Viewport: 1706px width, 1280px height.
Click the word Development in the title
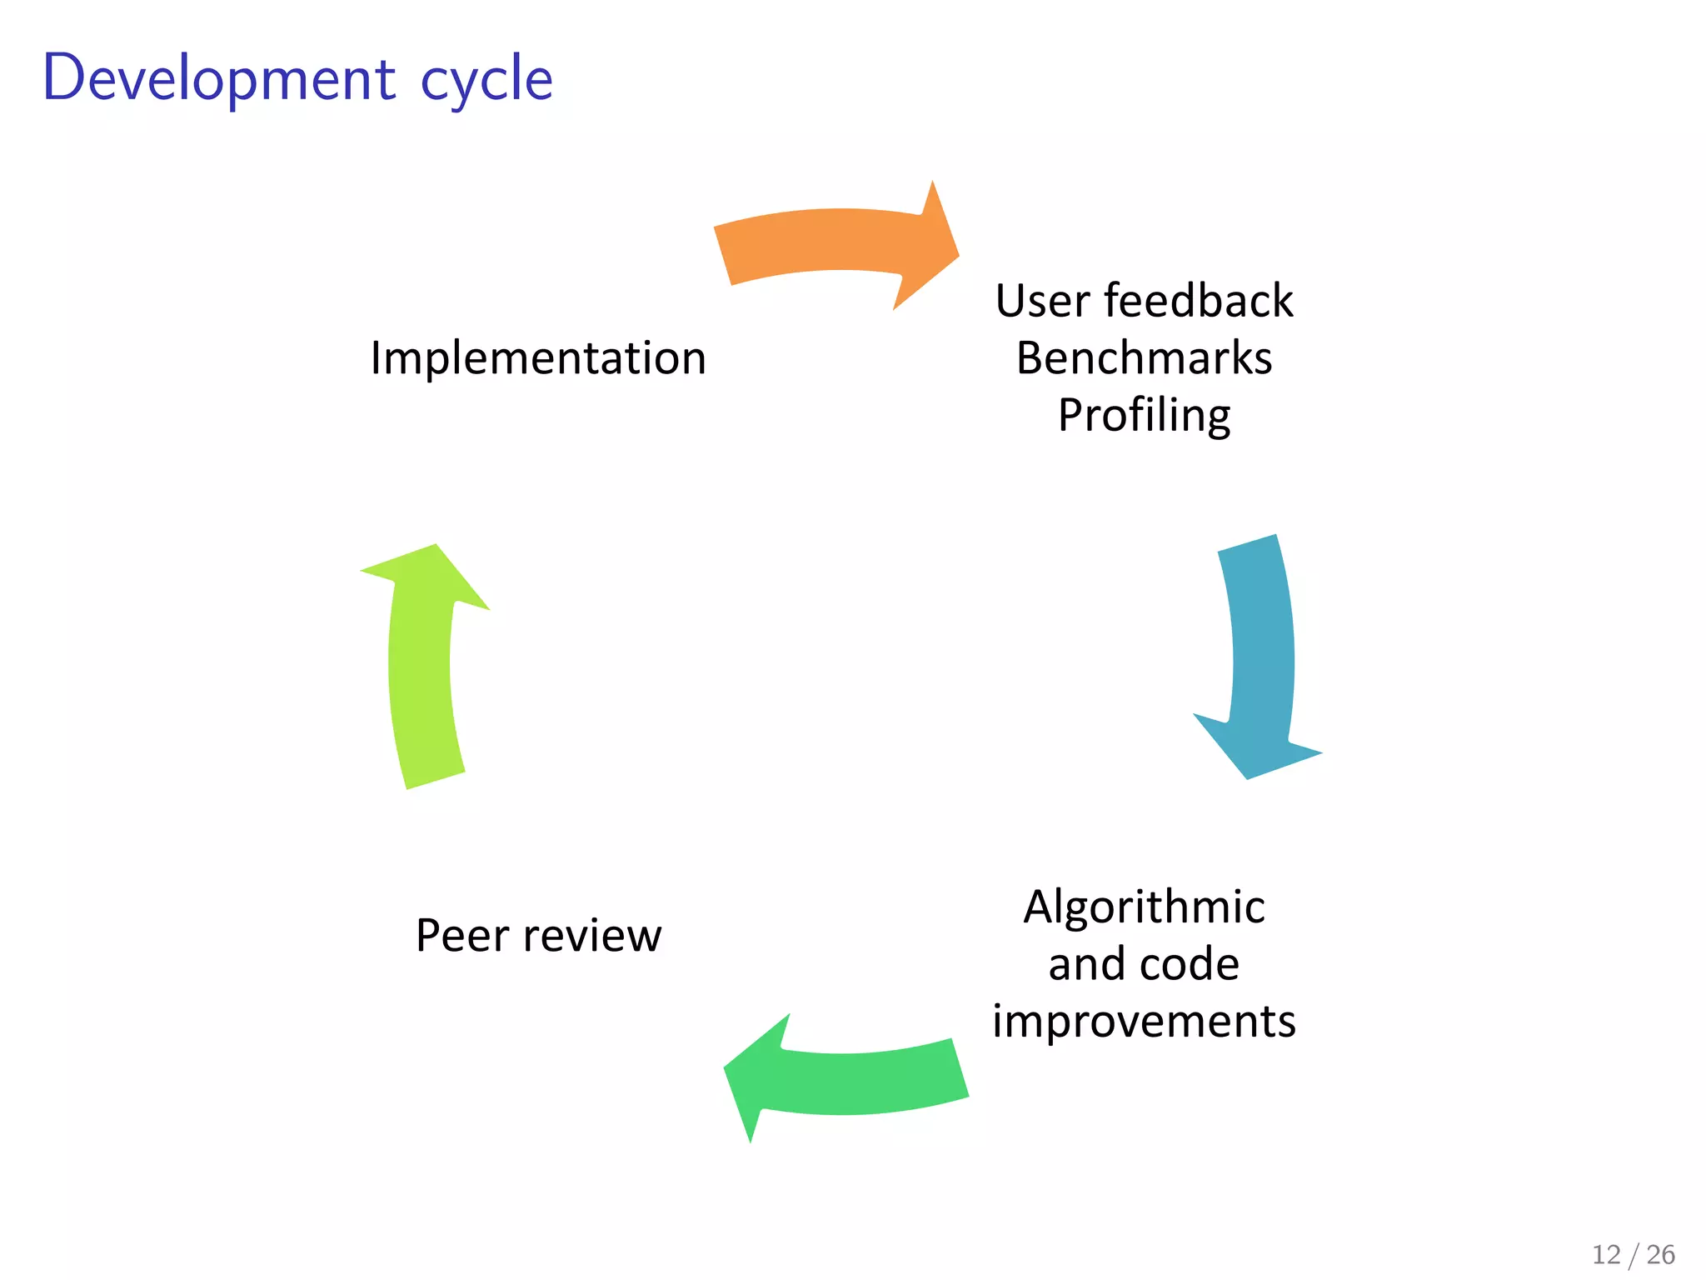pos(218,79)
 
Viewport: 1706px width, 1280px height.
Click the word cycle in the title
pos(486,81)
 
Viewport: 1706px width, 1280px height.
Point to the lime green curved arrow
pos(421,667)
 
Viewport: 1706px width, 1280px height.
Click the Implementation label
pos(538,358)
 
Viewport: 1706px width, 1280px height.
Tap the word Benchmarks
pos(1144,358)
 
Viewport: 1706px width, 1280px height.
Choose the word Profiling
pos(1144,416)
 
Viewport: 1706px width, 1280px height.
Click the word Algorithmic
pos(1144,907)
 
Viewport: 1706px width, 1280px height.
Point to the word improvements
pos(1144,1022)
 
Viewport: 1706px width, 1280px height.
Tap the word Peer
pos(461,935)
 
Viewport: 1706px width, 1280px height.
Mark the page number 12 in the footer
pos(1606,1254)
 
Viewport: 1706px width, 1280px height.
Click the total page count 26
pos(1660,1254)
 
